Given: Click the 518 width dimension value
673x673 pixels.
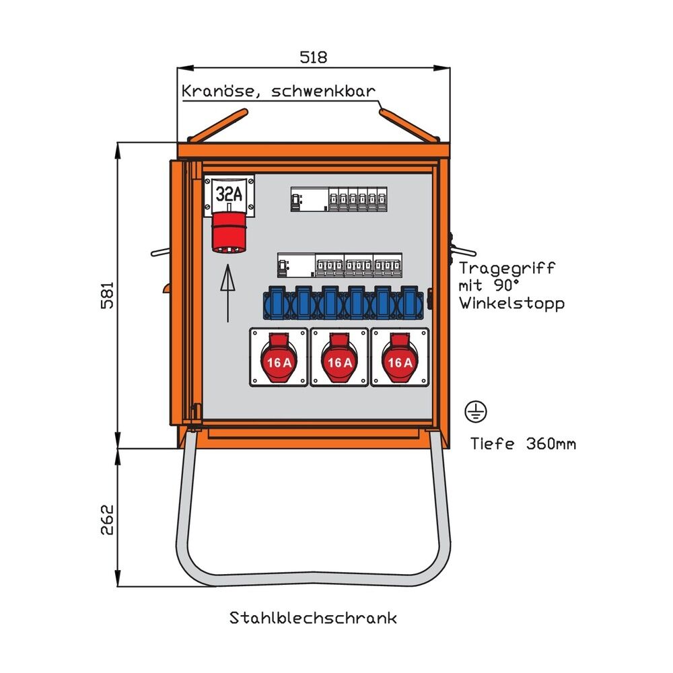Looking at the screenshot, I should point(314,57).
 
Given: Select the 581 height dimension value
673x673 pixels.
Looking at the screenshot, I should point(107,295).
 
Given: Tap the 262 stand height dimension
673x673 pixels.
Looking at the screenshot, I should point(107,518).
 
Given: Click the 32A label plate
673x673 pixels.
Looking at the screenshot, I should point(229,194).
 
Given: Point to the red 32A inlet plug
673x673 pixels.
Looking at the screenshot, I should point(229,234).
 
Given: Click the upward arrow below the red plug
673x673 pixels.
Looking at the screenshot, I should point(229,293).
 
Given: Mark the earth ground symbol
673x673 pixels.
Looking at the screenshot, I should point(475,411).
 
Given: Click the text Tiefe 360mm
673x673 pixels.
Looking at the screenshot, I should point(523,444).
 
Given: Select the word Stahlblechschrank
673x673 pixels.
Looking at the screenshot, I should point(314,618).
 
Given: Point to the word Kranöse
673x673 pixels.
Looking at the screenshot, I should point(215,91).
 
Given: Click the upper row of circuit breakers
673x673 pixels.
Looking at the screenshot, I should point(339,199).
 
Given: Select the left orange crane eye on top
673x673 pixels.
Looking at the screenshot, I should point(213,127).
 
